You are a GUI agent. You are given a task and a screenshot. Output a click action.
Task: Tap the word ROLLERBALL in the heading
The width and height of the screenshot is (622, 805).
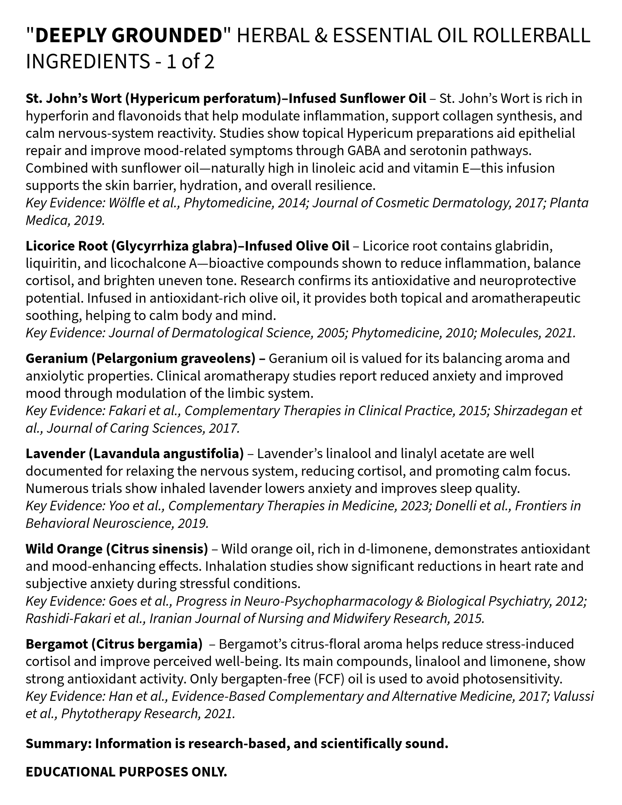point(531,36)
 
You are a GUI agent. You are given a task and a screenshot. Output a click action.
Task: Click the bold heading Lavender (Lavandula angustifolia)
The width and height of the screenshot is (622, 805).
point(135,454)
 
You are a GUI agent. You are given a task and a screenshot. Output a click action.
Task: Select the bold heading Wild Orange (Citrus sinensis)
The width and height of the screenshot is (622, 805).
point(117,549)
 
